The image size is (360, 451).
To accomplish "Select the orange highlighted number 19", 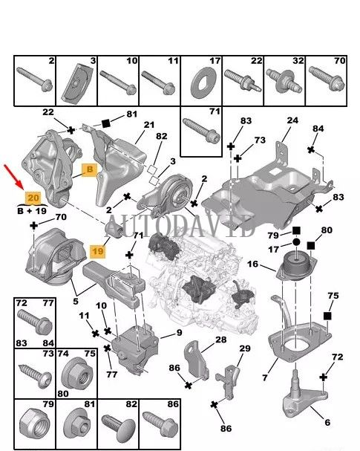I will [96, 251].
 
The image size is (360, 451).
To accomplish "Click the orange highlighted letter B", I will [90, 169].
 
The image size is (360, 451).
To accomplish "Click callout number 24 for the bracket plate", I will [292, 120].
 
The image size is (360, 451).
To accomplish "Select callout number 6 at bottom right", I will [327, 423].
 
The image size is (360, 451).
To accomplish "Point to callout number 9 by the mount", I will [178, 333].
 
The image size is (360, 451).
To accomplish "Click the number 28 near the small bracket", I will [220, 340].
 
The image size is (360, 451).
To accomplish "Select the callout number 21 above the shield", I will [148, 124].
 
